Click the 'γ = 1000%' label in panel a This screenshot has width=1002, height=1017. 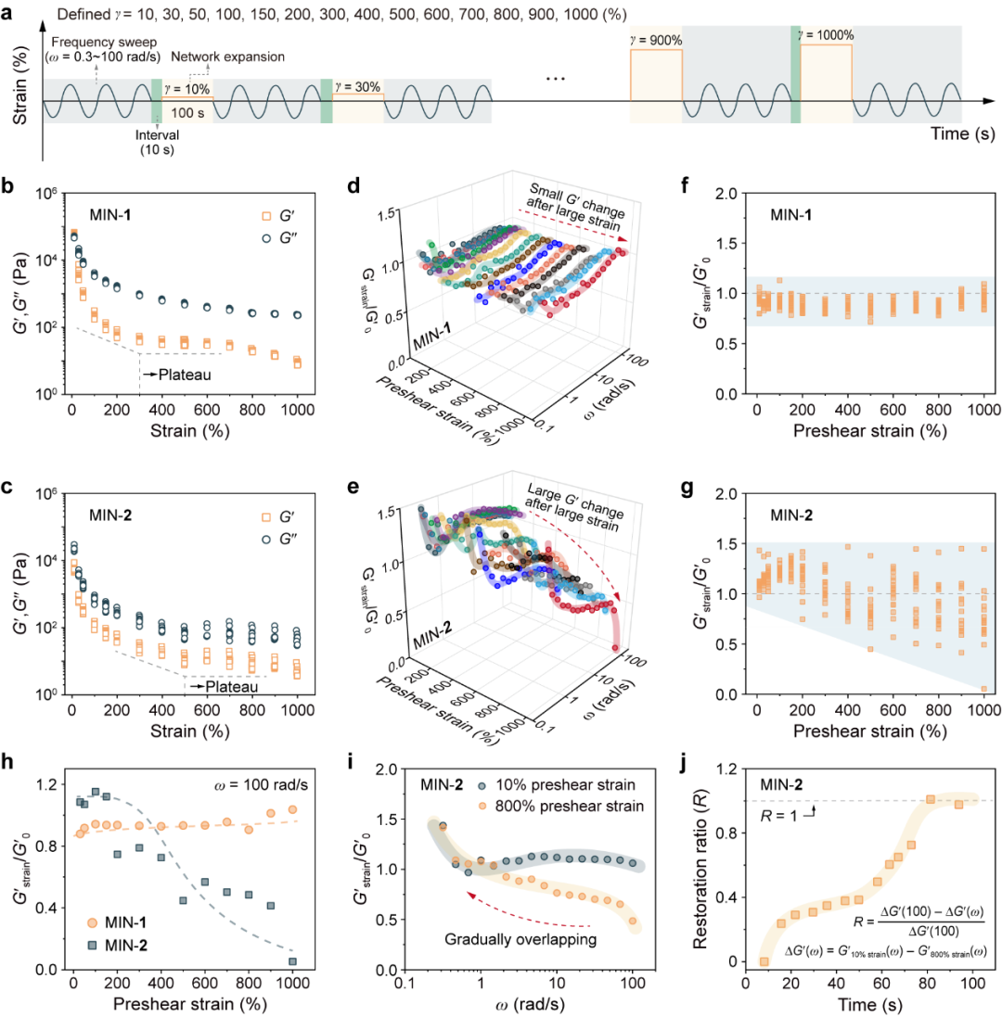click(x=825, y=35)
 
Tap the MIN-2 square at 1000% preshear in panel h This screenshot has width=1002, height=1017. click(x=292, y=961)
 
